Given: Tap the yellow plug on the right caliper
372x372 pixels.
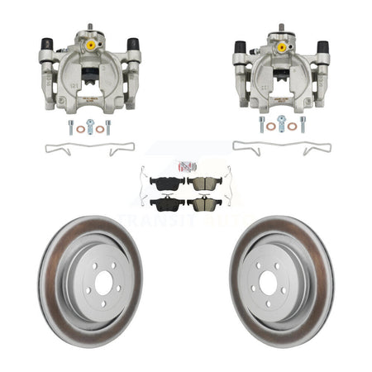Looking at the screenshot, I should pos(282,47).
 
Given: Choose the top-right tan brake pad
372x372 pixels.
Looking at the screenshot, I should pos(203,182).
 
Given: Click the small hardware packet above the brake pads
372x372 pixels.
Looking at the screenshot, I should pos(185,165).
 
